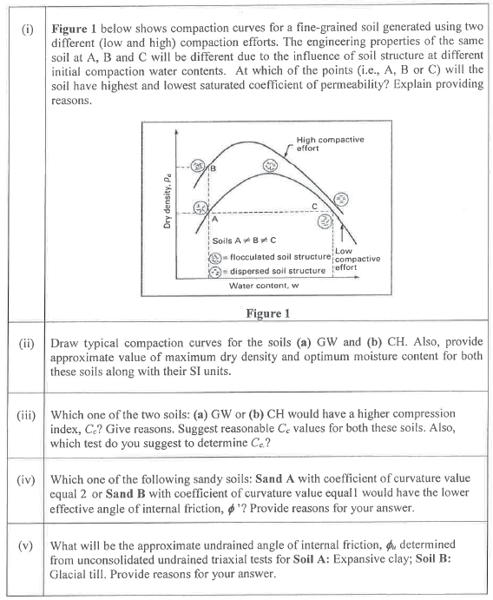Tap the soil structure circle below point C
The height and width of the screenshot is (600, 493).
(325, 221)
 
